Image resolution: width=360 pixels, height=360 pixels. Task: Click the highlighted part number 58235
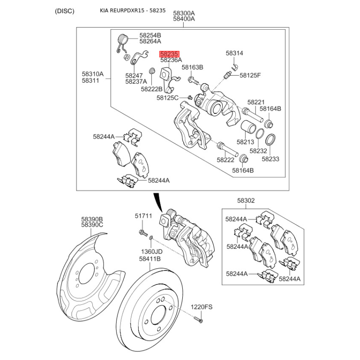[x=169, y=53]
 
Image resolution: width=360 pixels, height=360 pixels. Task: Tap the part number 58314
[x=234, y=53]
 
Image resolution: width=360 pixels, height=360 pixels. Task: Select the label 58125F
[x=250, y=75]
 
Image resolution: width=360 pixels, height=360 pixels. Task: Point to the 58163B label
[x=192, y=67]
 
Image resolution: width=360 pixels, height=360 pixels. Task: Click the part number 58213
[x=245, y=142]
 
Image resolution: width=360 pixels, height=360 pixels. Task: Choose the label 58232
[x=258, y=151]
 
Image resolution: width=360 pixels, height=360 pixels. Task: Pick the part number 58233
[x=270, y=159]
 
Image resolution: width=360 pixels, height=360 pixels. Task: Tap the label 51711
[x=144, y=216]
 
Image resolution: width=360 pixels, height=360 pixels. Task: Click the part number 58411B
[x=150, y=259]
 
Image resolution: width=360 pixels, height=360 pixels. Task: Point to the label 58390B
[x=92, y=218]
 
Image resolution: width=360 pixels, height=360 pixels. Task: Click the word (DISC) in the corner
[x=65, y=11]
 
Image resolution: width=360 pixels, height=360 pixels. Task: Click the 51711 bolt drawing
[x=143, y=232]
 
